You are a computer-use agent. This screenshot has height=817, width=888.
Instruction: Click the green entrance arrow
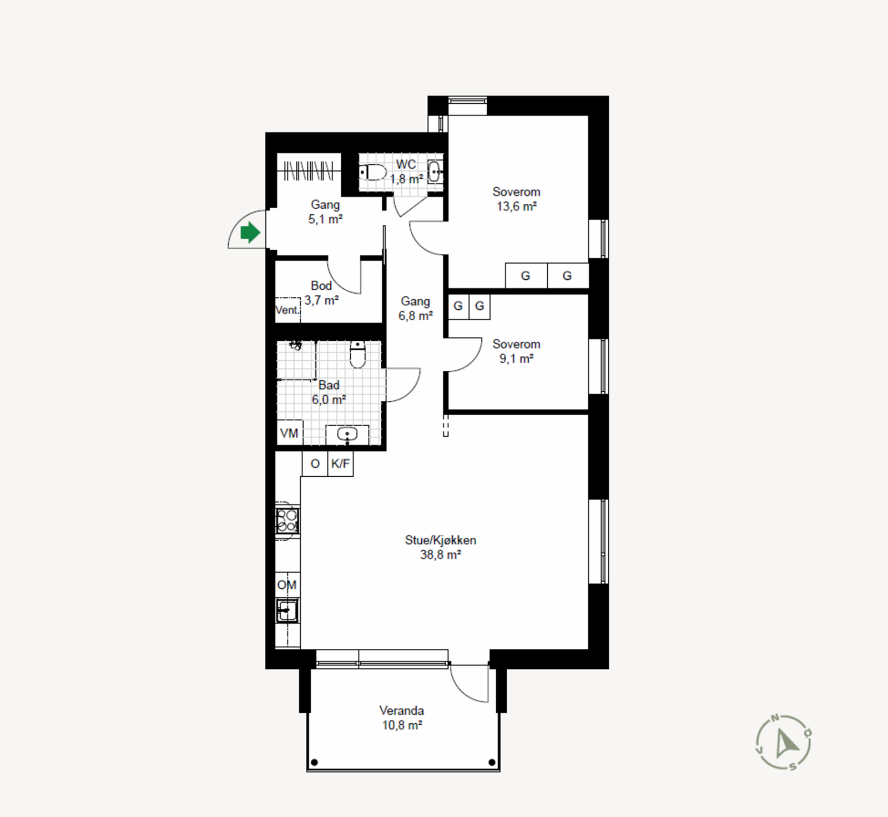[250, 233]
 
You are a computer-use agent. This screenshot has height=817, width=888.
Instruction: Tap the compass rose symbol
[784, 743]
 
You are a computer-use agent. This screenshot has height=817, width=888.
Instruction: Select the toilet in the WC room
[373, 172]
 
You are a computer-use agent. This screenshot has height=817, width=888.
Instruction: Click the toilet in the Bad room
[358, 355]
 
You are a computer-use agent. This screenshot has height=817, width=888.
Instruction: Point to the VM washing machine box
[290, 433]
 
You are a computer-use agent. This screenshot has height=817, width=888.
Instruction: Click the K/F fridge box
[340, 463]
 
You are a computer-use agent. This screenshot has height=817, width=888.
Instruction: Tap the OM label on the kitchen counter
[287, 585]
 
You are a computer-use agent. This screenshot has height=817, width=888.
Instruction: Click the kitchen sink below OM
[287, 611]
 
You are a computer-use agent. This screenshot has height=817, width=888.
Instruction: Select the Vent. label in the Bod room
[287, 310]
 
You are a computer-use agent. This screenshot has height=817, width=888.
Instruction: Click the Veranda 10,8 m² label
[402, 718]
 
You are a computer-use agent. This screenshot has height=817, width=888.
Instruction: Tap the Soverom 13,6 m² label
[516, 199]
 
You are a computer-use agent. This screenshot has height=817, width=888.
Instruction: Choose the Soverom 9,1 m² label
[516, 351]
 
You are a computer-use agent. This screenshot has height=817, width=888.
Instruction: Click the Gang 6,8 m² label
[416, 309]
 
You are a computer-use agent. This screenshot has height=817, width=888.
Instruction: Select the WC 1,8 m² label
[406, 172]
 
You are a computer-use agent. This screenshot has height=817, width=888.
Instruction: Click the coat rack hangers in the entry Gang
[309, 170]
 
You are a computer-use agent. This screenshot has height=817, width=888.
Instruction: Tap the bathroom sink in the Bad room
[347, 434]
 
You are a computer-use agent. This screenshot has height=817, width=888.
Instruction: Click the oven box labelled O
[315, 463]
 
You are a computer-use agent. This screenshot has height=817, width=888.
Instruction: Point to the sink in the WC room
[436, 172]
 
